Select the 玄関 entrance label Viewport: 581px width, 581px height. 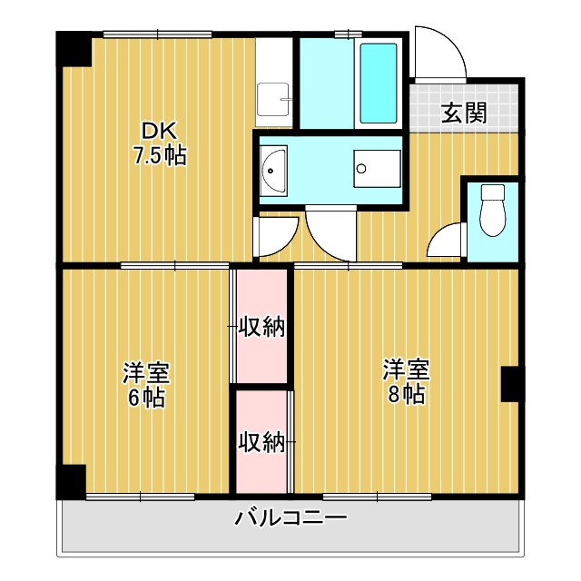coord(464,113)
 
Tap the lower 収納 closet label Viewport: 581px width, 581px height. coord(261,442)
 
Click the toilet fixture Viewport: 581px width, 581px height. coord(492,208)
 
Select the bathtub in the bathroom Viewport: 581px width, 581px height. coord(379,84)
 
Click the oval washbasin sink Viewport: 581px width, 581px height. coord(273,170)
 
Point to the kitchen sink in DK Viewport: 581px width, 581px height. coord(273,95)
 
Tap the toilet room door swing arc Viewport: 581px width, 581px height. coord(445,241)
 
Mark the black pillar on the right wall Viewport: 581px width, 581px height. coord(509,385)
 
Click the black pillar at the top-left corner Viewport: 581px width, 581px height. coord(74,49)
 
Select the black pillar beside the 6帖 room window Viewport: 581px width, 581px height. coord(71,480)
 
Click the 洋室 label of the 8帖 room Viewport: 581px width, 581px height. coord(405,370)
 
